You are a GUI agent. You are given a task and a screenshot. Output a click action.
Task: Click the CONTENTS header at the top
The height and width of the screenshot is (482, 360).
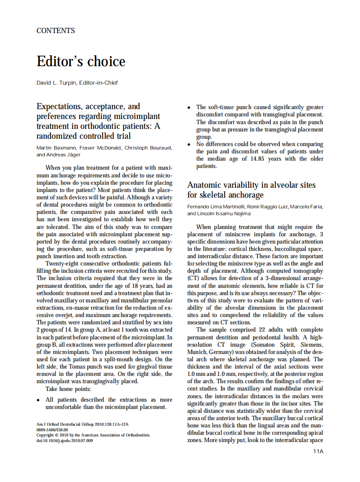[x=56, y=31]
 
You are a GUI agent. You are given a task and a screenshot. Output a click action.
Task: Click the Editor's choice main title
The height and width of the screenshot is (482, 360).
[x=81, y=61]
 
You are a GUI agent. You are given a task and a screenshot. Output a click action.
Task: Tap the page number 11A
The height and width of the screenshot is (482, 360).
[x=318, y=451]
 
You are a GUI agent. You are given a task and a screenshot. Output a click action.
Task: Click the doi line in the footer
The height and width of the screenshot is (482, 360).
[x=64, y=440]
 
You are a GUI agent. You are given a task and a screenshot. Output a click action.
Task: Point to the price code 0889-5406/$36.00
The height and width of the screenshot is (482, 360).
[x=52, y=429]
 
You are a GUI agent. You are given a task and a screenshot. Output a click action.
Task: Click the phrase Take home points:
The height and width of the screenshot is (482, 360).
[x=68, y=389]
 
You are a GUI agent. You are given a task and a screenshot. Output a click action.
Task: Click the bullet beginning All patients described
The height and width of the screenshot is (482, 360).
[x=39, y=400]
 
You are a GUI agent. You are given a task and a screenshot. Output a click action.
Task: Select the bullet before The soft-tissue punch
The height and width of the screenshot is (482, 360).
[x=189, y=107]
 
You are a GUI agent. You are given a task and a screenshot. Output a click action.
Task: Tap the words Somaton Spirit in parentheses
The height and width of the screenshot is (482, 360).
[x=270, y=345]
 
